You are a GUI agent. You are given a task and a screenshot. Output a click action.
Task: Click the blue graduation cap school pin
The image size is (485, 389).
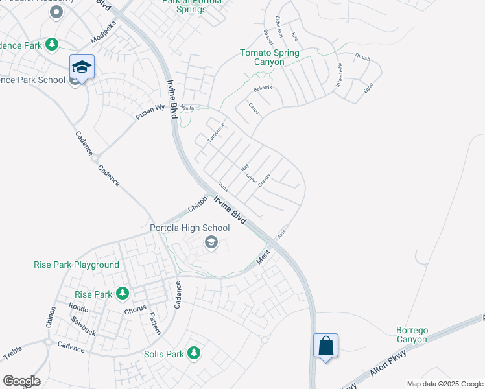pyautogui.click(x=82, y=67)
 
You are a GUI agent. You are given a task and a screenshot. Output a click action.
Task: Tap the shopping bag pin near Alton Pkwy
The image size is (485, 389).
pyautogui.click(x=325, y=346)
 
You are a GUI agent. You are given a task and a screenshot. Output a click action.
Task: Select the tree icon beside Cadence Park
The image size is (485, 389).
pyautogui.click(x=52, y=44)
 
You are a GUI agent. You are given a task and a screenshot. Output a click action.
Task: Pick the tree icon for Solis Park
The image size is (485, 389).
pyautogui.click(x=193, y=353)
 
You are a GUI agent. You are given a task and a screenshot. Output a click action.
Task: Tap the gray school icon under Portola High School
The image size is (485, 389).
pyautogui.click(x=211, y=242)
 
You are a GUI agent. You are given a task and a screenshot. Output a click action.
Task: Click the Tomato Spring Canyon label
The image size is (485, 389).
pyautogui.click(x=270, y=57)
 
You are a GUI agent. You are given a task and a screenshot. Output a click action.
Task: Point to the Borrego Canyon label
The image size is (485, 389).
pyautogui.click(x=412, y=335)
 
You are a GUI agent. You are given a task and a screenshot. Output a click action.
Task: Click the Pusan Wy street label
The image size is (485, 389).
pyautogui.click(x=150, y=111)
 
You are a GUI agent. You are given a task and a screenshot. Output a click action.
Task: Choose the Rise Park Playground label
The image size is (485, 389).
pyautogui.click(x=77, y=265)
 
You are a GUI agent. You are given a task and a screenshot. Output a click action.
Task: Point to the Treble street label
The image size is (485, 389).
pyautogui.click(x=12, y=353)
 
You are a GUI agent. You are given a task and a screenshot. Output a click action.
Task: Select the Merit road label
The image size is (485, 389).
pyautogui.click(x=263, y=257)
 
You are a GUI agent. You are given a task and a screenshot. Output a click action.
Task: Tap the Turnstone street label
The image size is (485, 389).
pyautogui.click(x=215, y=133)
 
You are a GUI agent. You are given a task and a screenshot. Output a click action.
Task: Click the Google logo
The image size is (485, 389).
pyautogui.click(x=21, y=381)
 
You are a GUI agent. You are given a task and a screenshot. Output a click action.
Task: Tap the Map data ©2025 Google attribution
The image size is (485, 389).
pyautogui.click(x=444, y=384)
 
